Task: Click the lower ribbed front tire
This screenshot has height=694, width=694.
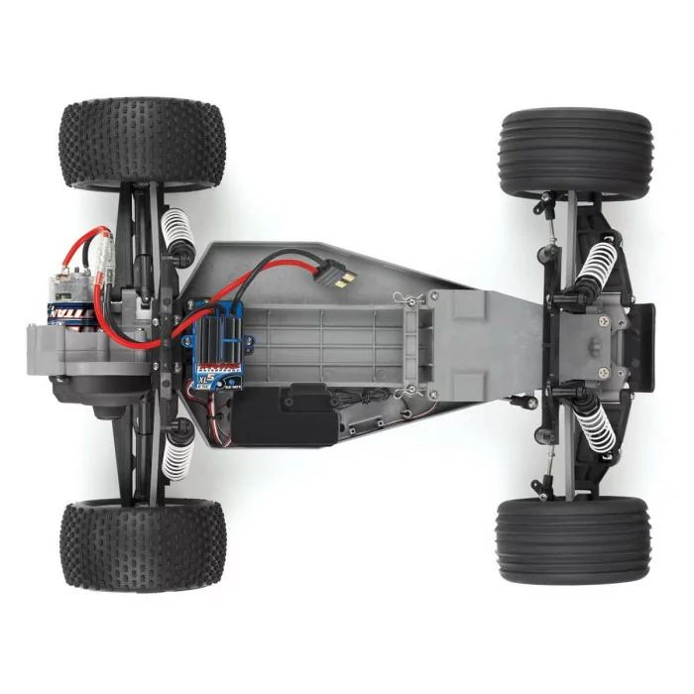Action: pyautogui.click(x=575, y=540)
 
